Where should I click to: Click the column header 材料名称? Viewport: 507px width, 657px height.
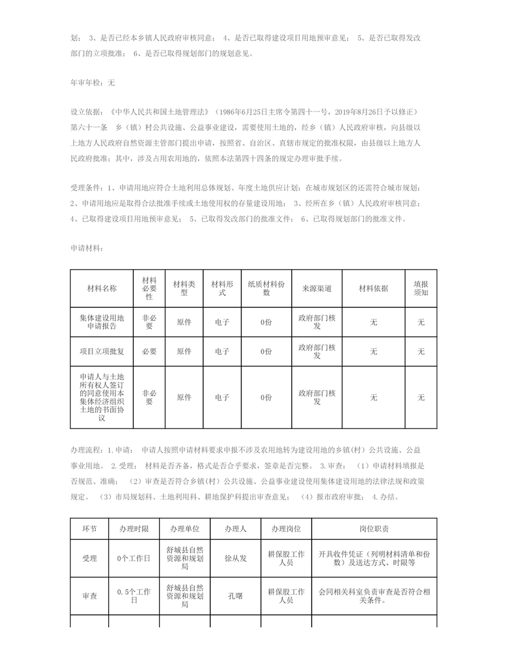click(101, 288)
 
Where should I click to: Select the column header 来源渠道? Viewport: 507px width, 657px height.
click(317, 288)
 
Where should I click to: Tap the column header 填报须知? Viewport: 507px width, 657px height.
click(421, 288)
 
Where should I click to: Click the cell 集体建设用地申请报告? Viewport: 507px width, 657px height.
click(101, 322)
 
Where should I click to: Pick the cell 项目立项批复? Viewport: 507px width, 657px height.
click(101, 351)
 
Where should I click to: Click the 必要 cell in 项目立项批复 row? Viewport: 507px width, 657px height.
click(149, 351)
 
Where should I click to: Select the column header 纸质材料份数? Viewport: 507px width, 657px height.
click(266, 288)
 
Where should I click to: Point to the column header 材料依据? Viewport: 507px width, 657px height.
click(373, 288)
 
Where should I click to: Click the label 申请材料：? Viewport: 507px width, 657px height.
click(87, 248)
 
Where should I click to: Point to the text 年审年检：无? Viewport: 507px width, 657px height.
click(93, 82)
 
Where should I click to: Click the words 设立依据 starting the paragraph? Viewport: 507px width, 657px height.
click(85, 111)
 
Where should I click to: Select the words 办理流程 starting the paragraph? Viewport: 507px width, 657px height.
click(85, 449)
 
